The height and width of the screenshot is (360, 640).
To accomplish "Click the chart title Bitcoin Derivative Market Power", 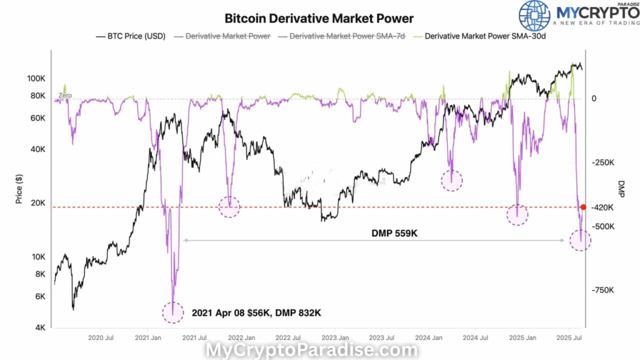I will (319, 19).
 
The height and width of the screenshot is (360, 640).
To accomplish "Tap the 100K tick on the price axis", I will (36, 79).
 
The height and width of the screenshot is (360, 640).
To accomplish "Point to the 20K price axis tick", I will (37, 203).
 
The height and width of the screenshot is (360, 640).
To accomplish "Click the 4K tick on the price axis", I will (39, 327).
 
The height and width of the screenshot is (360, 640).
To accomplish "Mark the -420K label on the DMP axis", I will (602, 207).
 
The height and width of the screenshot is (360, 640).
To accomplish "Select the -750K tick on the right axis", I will (602, 290).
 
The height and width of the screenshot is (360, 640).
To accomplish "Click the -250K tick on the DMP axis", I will (602, 162).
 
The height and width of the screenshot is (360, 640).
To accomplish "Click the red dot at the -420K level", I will (583, 207).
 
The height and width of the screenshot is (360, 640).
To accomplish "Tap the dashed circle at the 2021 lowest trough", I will (173, 312).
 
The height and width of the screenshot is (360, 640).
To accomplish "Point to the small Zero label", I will (65, 96).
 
